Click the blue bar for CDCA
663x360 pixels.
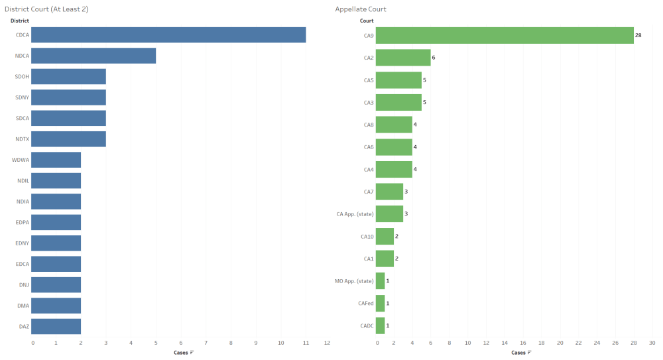tap(168, 34)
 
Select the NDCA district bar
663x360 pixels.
tap(93, 56)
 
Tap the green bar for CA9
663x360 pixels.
tap(505, 35)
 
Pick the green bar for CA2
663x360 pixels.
tap(403, 58)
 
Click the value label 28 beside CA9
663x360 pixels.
tap(638, 35)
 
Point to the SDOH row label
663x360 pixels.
tap(21, 77)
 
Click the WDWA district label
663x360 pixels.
tap(20, 160)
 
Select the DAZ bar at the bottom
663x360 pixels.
tap(56, 326)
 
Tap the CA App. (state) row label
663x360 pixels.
tap(355, 213)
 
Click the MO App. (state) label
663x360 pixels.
tap(355, 281)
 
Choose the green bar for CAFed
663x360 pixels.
tap(380, 303)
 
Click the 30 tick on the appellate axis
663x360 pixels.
tap(652, 343)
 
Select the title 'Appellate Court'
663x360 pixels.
tap(361, 9)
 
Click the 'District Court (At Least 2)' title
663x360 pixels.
tap(46, 9)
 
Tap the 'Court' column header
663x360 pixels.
tap(367, 21)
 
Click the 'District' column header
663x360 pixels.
tap(20, 21)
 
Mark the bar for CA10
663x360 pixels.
tap(385, 236)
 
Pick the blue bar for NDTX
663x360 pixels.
tap(68, 139)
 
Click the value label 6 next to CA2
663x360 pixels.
tap(433, 58)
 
